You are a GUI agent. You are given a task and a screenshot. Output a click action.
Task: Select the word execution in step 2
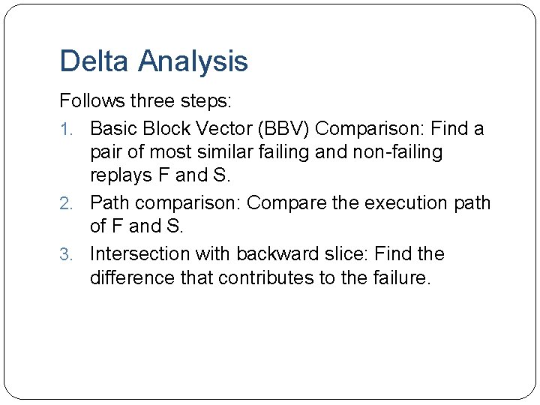tap(402, 202)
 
